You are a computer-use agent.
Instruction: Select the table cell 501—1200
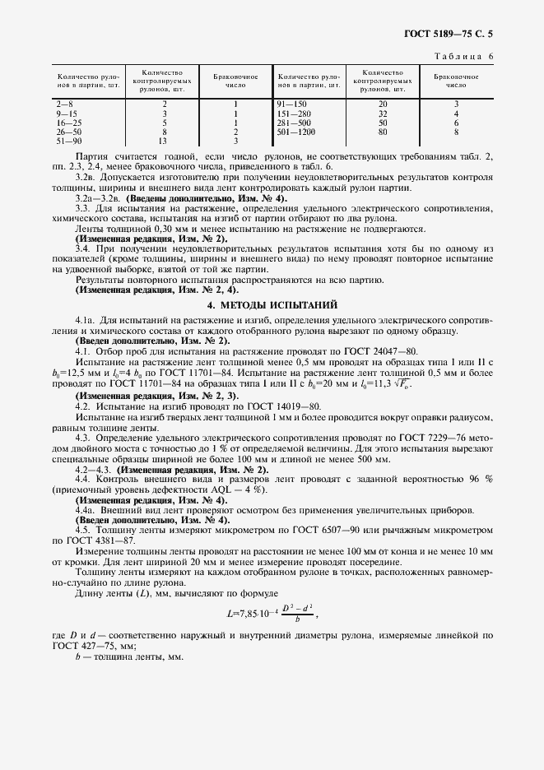(297, 132)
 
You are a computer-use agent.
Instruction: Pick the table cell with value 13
(165, 140)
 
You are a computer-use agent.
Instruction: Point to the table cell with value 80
(383, 132)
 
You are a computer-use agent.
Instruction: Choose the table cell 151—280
(295, 114)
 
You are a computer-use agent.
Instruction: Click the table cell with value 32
(383, 114)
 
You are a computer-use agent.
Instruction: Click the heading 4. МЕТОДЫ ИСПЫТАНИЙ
(272, 304)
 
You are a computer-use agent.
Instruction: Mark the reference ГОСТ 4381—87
(94, 540)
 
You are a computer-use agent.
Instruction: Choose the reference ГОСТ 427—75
(86, 647)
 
